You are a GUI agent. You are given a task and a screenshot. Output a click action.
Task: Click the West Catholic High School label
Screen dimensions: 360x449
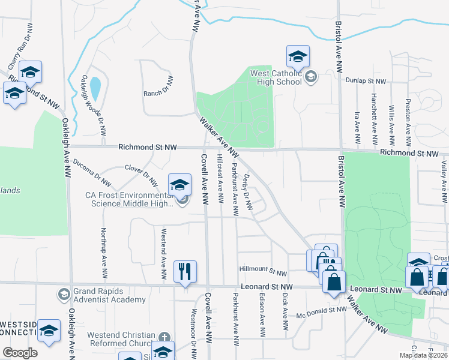(276, 77)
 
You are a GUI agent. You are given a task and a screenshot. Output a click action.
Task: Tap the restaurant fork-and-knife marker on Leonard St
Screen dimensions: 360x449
(185, 272)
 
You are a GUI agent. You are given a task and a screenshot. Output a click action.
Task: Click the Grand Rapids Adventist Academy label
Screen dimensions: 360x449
(109, 295)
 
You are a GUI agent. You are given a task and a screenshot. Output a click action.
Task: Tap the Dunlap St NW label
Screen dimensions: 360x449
(365, 80)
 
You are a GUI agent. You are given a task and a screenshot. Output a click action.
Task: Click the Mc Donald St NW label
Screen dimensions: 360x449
(322, 311)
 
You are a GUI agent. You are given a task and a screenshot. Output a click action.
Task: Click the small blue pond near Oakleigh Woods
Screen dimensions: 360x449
(95, 89)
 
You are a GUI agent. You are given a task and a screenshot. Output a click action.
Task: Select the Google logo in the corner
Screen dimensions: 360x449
(20, 353)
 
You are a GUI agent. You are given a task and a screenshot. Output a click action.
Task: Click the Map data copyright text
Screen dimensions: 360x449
(423, 355)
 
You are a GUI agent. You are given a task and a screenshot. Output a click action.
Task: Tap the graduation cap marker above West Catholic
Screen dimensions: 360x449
(298, 57)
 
